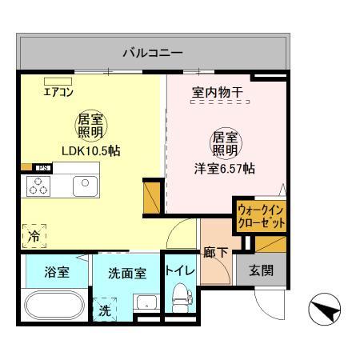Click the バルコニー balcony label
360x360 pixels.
click(x=152, y=54)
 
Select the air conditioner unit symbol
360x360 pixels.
click(x=57, y=80)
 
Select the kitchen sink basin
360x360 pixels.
click(x=84, y=186)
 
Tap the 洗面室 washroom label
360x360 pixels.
click(x=126, y=273)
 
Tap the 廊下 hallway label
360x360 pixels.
click(x=215, y=253)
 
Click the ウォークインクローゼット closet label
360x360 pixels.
click(x=260, y=216)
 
